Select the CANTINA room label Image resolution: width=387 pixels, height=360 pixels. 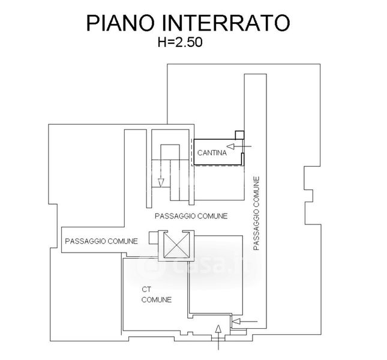click(212, 153)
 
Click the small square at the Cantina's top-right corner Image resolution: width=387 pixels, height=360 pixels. click(239, 134)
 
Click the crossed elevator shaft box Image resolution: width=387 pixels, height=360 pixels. click(176, 246)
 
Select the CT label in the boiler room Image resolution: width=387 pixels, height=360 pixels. click(146, 289)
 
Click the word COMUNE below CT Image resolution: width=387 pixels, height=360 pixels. click(157, 299)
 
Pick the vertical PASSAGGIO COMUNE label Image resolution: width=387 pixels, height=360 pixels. click(257, 213)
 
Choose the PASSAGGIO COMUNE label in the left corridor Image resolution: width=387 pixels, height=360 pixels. click(101, 241)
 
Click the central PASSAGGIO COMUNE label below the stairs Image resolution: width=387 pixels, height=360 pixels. click(191, 215)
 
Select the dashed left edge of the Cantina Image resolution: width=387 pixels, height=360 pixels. click(192, 152)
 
